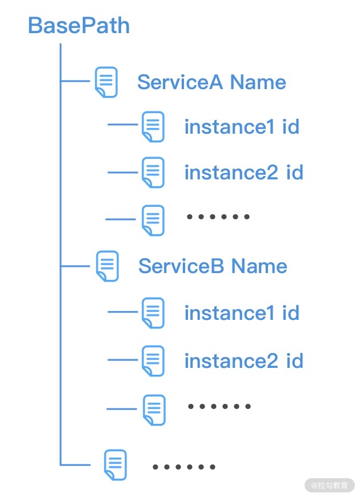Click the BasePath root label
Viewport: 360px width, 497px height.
pos(79,26)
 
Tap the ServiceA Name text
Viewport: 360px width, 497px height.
pos(211,82)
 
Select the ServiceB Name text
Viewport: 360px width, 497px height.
pos(213,266)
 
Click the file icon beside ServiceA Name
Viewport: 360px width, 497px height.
pos(106,82)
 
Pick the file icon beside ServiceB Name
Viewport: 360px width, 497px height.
pos(107,266)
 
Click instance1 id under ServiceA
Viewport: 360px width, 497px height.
pos(242,127)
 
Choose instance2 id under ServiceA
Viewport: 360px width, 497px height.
pos(243,173)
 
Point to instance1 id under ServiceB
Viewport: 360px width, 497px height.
pos(242,313)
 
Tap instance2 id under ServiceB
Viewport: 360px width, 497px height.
pos(243,361)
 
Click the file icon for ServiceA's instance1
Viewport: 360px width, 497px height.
pos(153,127)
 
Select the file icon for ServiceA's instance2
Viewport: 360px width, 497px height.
pos(153,173)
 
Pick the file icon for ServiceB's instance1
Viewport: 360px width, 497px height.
pos(153,313)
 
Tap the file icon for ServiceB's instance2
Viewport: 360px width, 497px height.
pos(153,361)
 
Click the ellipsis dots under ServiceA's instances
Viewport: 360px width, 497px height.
pos(219,217)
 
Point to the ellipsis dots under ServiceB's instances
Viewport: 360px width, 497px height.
pos(219,407)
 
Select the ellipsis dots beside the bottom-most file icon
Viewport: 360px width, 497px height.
pos(184,467)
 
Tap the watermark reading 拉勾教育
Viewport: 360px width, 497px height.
pos(330,485)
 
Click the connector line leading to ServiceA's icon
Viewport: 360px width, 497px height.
pos(75,82)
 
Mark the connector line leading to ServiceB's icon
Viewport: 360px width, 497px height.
pos(75,266)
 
